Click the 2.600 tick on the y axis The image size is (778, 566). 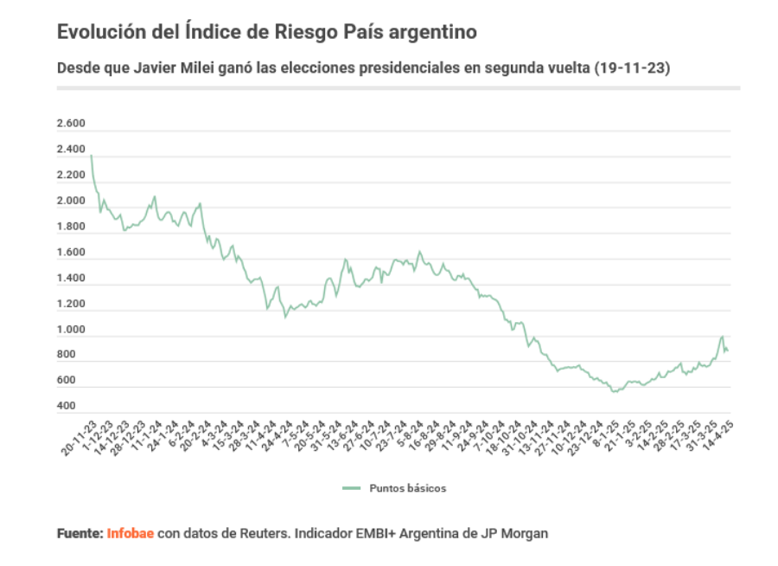click(x=71, y=125)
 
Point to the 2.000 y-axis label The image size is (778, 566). click(x=71, y=202)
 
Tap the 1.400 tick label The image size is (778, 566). click(x=71, y=279)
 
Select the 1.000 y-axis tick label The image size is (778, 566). click(x=71, y=330)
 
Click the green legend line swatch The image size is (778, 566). click(x=351, y=488)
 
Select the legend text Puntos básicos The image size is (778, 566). click(x=408, y=488)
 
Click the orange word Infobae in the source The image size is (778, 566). click(x=131, y=534)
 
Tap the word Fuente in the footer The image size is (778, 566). click(x=80, y=534)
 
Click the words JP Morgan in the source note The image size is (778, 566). click(x=519, y=534)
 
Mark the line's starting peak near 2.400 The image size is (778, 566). click(x=91, y=156)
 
